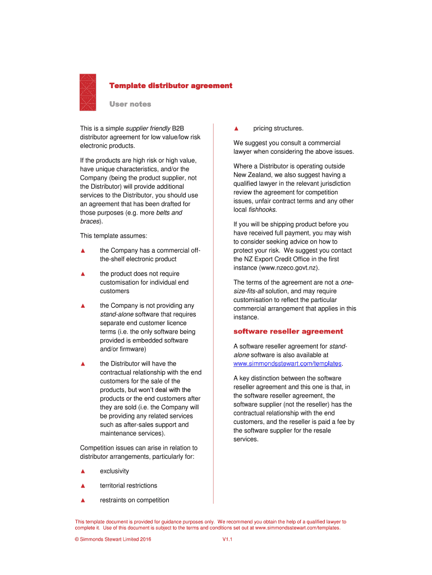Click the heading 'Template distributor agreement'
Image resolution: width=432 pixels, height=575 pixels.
pos(171,86)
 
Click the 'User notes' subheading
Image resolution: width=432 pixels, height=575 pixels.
pos(130,104)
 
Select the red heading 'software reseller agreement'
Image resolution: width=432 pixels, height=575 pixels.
pos(288,331)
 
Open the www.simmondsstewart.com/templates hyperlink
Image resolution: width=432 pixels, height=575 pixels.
pos(287,364)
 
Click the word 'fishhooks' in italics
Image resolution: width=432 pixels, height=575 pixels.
pos(262,209)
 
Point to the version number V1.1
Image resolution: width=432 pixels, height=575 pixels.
pos(227,540)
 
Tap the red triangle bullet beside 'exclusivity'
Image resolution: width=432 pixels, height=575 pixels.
pos(82,471)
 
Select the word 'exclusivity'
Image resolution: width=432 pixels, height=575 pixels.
pos(114,471)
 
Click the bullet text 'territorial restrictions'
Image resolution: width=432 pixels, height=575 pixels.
pos(128,486)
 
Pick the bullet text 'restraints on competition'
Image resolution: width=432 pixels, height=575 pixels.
pos(134,500)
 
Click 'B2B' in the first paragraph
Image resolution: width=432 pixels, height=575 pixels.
pos(178,129)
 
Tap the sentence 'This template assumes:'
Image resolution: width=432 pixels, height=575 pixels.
pos(113,236)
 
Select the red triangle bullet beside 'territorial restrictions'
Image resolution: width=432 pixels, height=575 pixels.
pos(82,486)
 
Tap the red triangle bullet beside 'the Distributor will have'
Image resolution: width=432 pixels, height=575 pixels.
pos(82,364)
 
